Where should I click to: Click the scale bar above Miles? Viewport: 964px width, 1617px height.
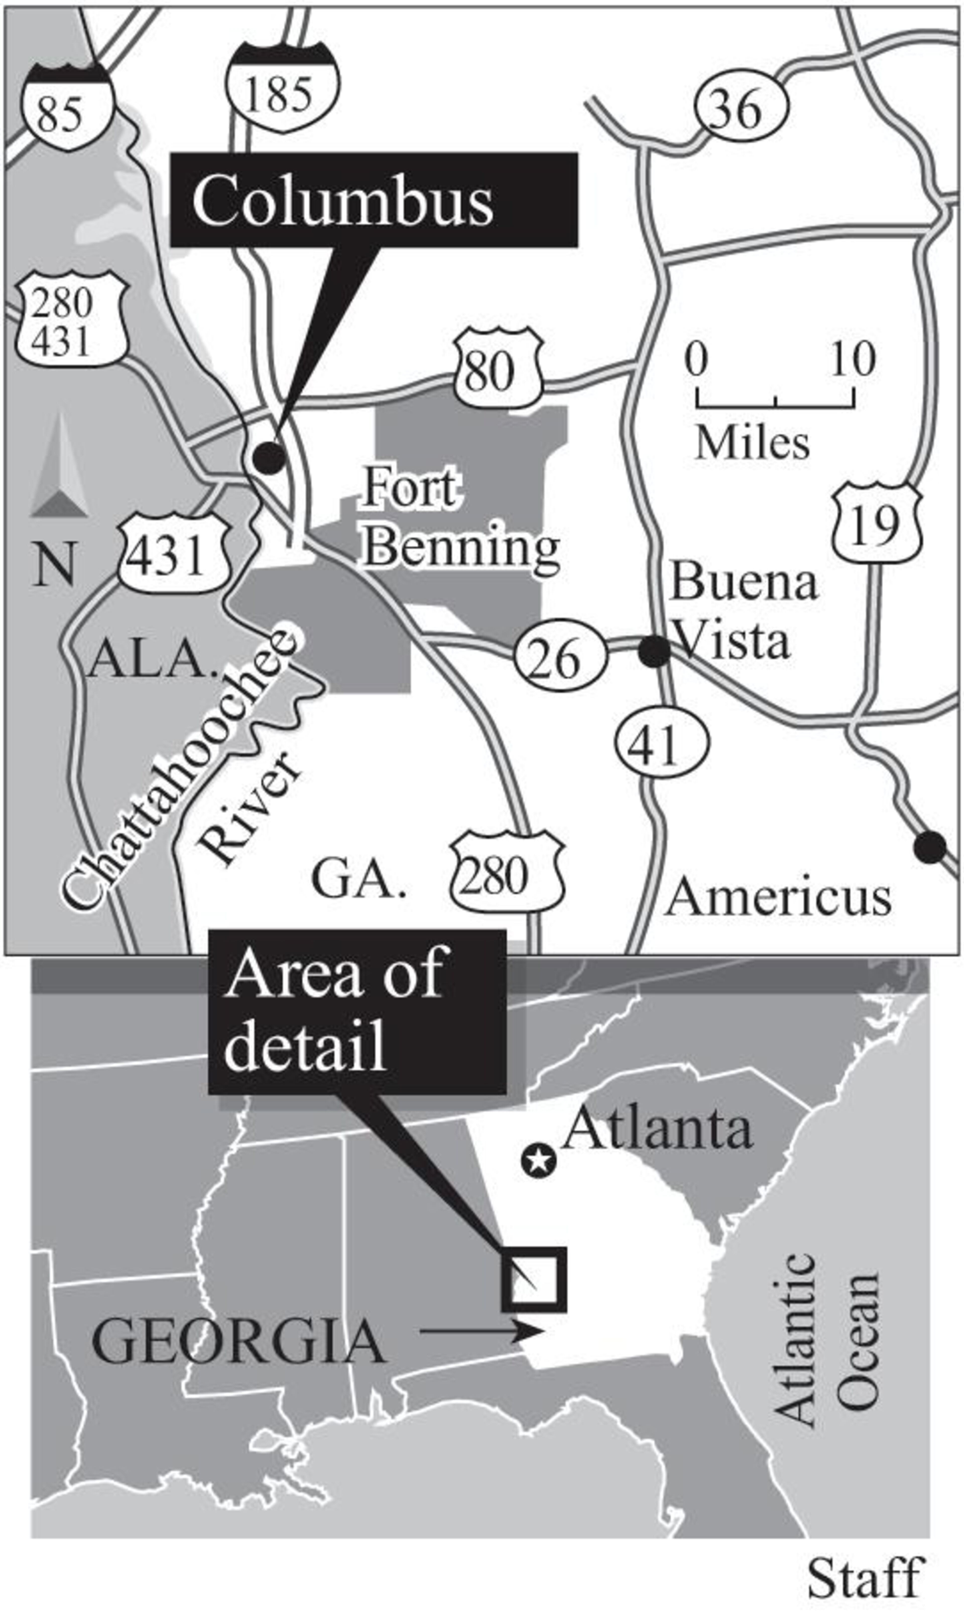point(776,397)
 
